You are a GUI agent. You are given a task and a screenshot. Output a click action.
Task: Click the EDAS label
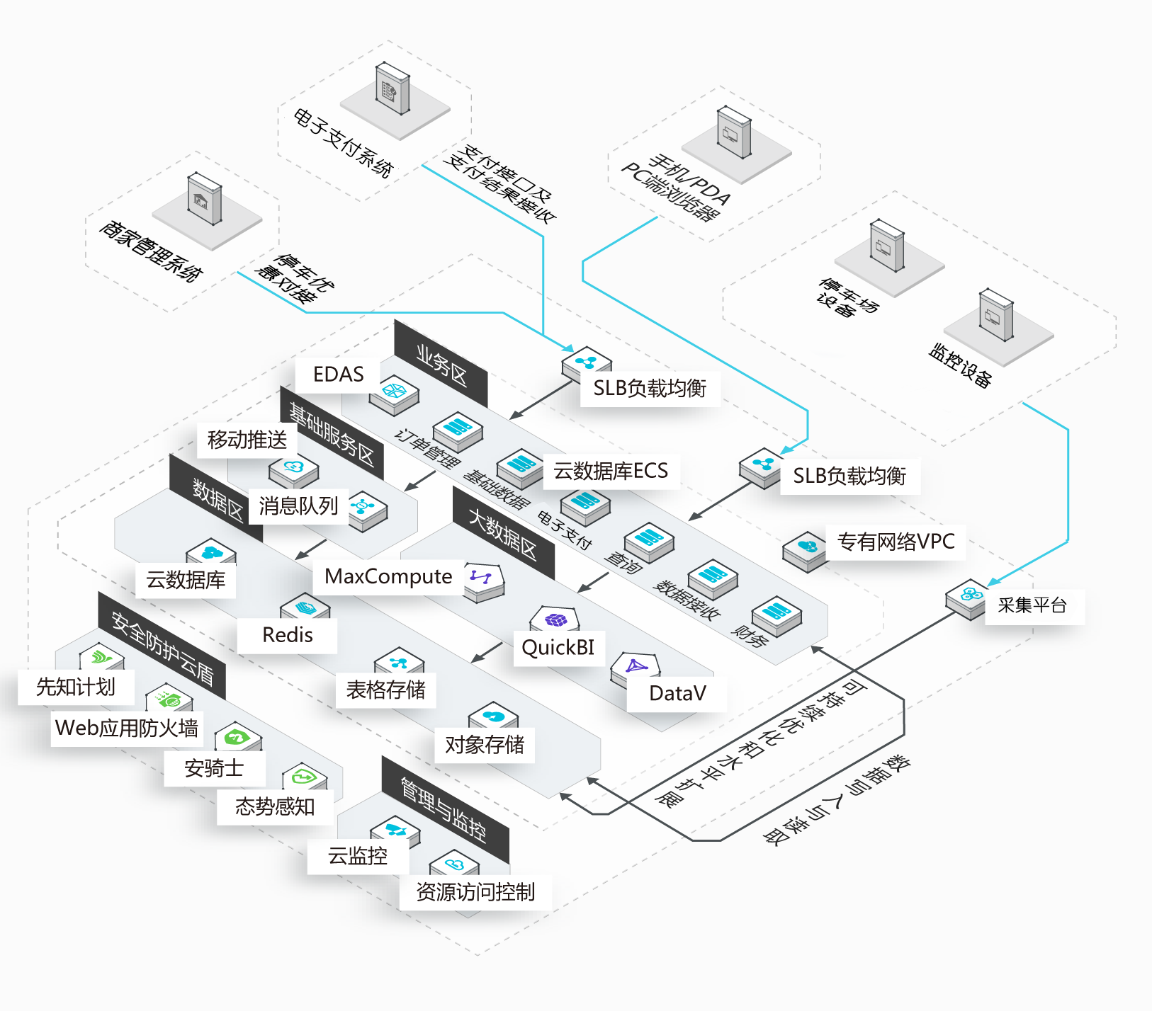339,374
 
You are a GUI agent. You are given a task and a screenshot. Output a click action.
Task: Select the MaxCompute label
388,576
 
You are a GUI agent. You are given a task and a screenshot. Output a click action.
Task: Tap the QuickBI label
558,647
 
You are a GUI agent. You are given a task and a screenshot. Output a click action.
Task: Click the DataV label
677,693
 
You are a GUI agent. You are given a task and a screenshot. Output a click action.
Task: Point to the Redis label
288,635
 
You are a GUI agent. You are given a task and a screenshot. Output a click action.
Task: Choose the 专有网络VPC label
896,542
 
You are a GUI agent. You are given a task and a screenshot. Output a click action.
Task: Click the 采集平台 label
1032,605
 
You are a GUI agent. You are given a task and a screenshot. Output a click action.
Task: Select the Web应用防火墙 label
127,728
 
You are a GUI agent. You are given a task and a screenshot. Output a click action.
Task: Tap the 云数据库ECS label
611,471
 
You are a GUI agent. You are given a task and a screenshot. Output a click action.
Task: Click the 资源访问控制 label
475,892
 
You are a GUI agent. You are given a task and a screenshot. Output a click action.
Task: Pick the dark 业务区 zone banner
441,363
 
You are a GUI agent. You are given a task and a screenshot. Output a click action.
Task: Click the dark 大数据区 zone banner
503,532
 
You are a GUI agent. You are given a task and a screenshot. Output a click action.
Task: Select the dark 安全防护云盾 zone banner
162,645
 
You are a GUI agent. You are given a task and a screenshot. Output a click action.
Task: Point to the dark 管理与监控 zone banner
445,809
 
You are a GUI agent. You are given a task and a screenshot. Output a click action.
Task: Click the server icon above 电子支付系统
393,88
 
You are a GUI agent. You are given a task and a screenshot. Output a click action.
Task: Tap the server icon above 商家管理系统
205,198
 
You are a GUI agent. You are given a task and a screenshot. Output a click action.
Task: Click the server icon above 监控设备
996,315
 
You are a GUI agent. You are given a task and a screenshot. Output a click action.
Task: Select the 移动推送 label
247,440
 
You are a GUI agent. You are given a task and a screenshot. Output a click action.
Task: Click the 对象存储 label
485,744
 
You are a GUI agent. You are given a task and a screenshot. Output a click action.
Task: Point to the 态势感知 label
275,806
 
